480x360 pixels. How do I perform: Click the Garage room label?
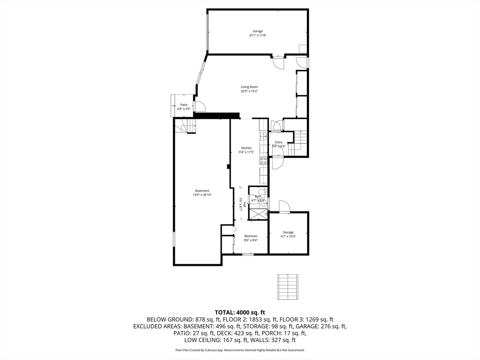click(x=258, y=31)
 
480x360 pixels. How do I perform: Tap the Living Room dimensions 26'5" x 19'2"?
click(x=249, y=91)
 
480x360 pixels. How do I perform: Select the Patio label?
click(x=184, y=105)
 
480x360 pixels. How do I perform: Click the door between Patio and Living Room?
click(x=200, y=107)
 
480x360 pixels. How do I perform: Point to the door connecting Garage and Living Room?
click(x=278, y=63)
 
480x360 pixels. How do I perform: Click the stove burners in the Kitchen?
click(x=264, y=160)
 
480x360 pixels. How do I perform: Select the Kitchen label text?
click(x=247, y=148)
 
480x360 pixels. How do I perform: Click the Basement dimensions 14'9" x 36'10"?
click(x=202, y=195)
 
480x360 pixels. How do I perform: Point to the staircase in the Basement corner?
click(x=186, y=126)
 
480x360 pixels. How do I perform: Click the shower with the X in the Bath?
click(x=257, y=213)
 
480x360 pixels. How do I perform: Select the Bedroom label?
click(x=250, y=236)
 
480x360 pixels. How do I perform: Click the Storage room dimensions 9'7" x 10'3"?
click(x=288, y=236)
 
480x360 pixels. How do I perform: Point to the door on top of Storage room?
click(x=284, y=207)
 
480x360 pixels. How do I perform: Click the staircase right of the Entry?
click(x=299, y=143)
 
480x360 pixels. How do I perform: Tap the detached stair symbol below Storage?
click(x=288, y=287)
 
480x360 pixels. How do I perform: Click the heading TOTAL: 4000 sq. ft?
click(x=240, y=312)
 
